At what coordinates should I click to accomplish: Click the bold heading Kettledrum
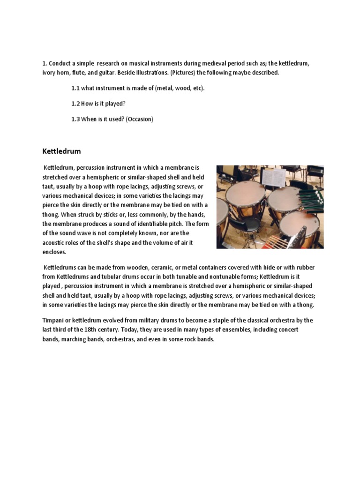coord(62,151)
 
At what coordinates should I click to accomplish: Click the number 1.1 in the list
coord(75,88)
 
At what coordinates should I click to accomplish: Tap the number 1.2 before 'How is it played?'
coord(75,104)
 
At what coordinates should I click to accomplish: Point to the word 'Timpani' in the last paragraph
coord(54,320)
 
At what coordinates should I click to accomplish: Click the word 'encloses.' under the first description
coord(56,252)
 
